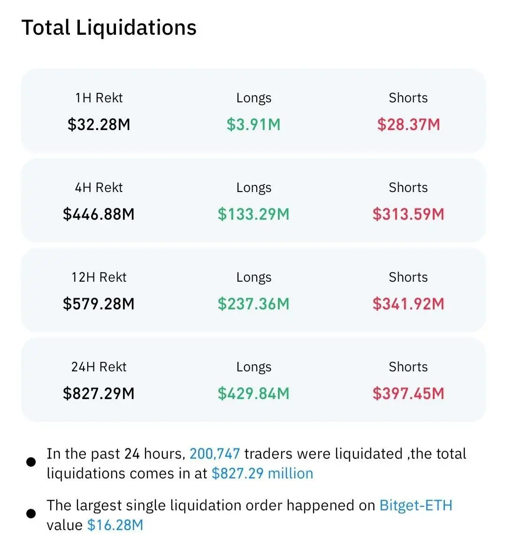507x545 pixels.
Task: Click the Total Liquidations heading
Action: coord(109,28)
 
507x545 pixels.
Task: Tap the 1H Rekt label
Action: coord(99,98)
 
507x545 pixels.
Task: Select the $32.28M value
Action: coord(99,124)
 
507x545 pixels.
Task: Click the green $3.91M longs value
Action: coord(253,124)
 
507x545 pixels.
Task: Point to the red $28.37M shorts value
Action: coord(408,124)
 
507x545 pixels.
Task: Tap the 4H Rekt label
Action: coord(99,187)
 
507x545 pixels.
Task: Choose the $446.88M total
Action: coord(99,214)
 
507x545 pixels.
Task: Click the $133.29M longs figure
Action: coord(253,214)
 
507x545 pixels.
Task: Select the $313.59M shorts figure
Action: coord(408,214)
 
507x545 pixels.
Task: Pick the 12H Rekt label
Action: coord(99,277)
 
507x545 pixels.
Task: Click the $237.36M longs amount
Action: coord(253,304)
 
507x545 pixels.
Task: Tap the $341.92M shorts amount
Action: coord(408,304)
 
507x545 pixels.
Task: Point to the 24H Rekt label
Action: coord(99,367)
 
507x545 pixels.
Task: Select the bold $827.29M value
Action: coord(99,393)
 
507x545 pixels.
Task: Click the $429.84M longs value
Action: coord(253,393)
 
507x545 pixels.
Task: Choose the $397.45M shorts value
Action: coord(408,393)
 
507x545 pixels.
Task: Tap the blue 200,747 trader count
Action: coord(215,453)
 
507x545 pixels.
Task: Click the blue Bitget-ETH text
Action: coord(415,505)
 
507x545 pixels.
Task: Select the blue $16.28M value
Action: coord(115,525)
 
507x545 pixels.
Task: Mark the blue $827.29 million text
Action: coord(262,473)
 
